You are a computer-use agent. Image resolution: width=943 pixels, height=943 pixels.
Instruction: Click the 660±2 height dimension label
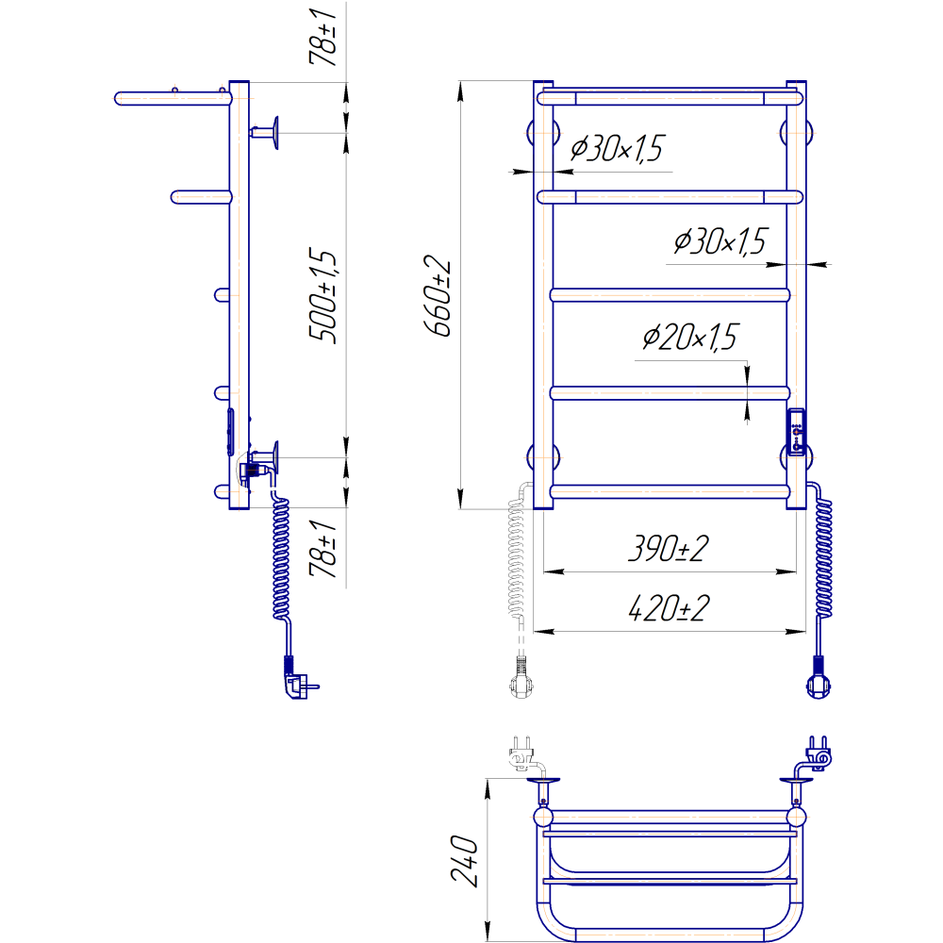tap(438, 296)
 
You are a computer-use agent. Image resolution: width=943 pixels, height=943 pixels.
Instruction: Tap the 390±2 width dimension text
tap(669, 548)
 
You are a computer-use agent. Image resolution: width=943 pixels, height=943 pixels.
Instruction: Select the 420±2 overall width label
tap(669, 607)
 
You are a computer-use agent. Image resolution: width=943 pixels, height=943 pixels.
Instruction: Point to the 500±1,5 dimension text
tap(323, 295)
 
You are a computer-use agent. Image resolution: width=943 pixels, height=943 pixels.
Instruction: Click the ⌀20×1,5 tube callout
tap(690, 337)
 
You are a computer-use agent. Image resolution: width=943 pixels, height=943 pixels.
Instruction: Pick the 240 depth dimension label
tap(465, 861)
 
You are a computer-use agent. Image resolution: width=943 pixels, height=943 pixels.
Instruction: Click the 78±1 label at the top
tap(323, 37)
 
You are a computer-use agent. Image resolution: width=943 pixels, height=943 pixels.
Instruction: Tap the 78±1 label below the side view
tap(323, 549)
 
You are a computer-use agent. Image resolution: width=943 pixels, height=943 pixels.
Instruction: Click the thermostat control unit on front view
tap(796, 433)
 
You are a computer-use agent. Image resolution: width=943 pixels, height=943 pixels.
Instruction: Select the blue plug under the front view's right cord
tap(819, 678)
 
